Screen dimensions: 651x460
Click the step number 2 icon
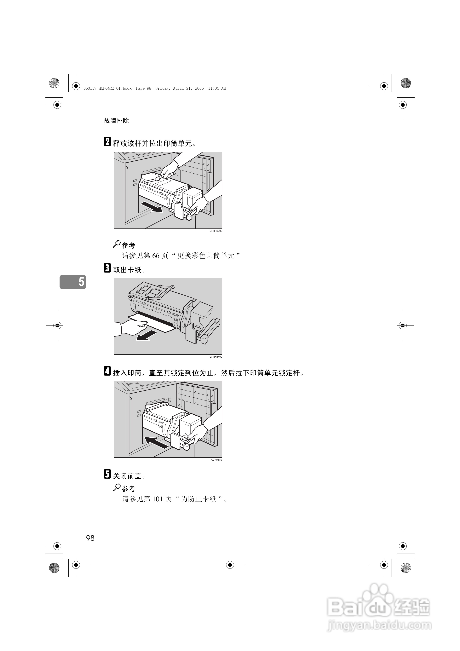pos(107,141)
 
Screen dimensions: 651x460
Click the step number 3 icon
pos(107,268)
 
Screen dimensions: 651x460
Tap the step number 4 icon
pos(107,371)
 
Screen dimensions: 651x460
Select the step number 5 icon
pos(107,474)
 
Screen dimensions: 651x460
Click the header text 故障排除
pos(116,120)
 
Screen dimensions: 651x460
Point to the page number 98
pos(90,538)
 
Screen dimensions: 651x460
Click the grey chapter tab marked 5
pos(73,282)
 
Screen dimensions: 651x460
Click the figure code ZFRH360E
pos(216,231)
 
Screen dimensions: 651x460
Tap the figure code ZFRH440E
pos(216,357)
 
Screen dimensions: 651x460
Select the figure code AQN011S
pos(216,460)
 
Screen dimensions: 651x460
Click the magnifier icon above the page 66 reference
pos(117,244)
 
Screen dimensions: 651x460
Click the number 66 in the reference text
pos(156,256)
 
